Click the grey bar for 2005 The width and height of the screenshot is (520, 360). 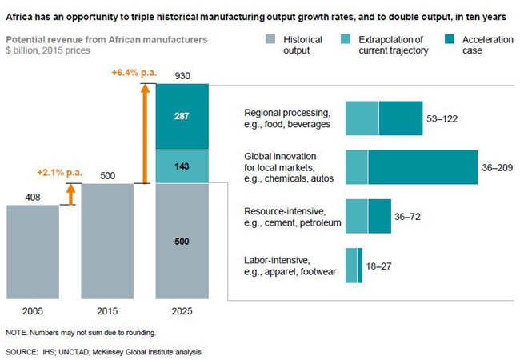(x=33, y=251)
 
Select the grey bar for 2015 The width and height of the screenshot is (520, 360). (x=107, y=241)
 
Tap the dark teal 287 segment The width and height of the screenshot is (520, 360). (x=181, y=115)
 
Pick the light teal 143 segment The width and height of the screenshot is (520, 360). (x=181, y=166)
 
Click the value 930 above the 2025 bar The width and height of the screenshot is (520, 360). (x=182, y=74)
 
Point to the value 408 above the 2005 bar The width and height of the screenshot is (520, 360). (x=33, y=197)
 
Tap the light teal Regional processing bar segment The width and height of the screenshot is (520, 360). (x=362, y=118)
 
